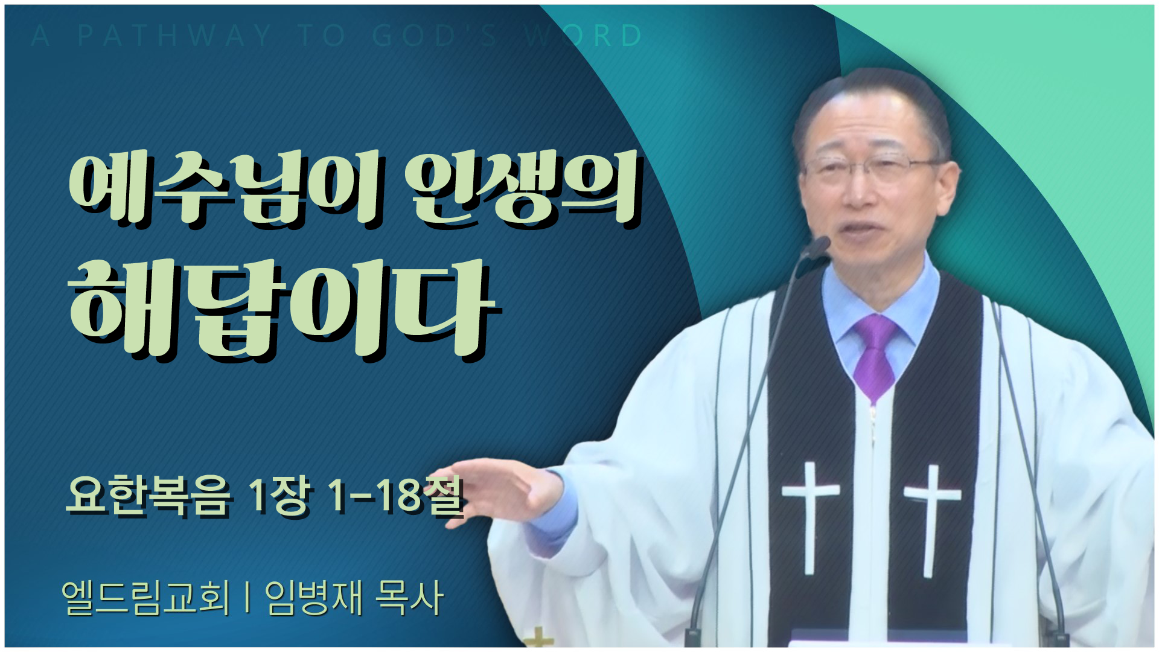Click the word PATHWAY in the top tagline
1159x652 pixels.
pyautogui.click(x=175, y=36)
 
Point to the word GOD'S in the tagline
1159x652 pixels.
pyautogui.click(x=435, y=36)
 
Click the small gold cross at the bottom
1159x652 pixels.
pyautogui.click(x=540, y=639)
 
